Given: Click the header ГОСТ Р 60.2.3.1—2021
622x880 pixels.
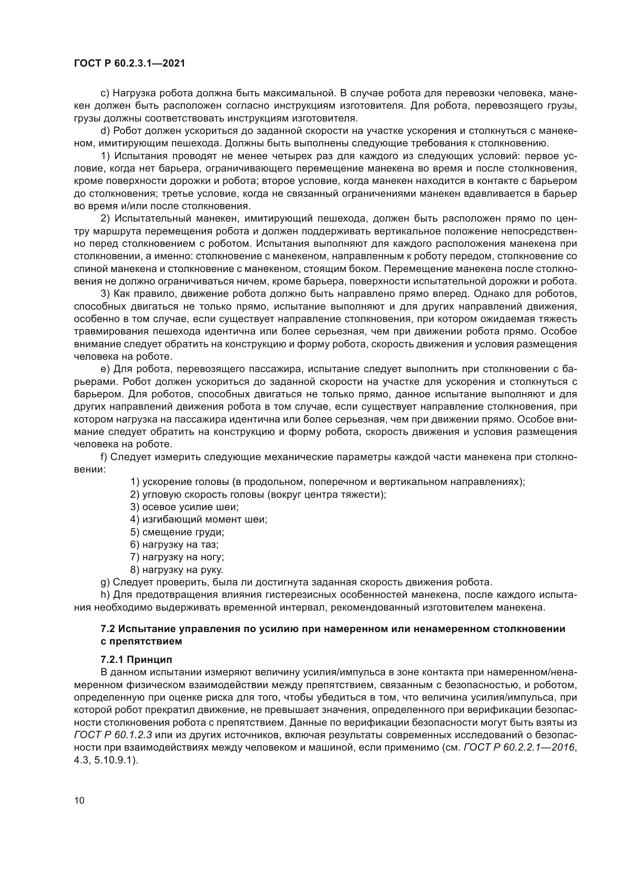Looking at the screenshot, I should click(129, 64).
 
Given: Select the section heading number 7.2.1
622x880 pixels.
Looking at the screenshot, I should click(112, 660).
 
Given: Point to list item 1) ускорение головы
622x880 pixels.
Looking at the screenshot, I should click(328, 482).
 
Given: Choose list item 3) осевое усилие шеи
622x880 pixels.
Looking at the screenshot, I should click(184, 507).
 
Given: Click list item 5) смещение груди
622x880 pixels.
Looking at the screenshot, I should click(177, 532).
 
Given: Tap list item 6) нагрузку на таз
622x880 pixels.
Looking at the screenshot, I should click(174, 545).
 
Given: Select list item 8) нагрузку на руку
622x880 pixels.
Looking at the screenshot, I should click(177, 570).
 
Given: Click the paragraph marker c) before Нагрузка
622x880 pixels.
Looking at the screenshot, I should click(105, 93).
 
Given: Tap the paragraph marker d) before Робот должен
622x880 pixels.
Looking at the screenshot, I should click(105, 131).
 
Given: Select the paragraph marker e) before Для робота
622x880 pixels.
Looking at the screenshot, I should click(105, 369).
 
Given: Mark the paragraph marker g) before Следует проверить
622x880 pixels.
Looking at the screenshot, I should click(105, 582).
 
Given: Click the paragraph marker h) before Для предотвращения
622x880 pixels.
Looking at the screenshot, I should click(105, 595).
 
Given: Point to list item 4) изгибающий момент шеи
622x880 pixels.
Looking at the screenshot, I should click(199, 519).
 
